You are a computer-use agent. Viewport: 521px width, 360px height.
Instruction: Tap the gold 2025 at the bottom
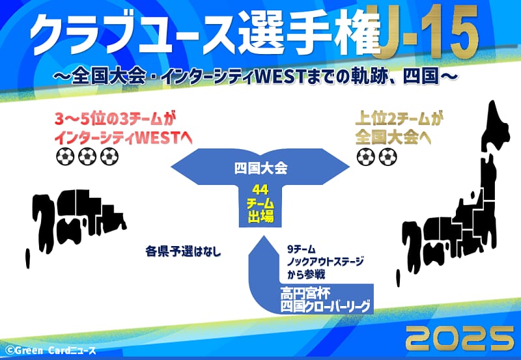[x=460, y=339]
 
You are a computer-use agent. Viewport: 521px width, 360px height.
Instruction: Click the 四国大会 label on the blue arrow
[x=260, y=168]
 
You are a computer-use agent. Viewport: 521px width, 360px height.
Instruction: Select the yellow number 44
[x=260, y=190]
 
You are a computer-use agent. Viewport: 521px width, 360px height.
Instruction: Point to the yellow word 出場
[x=260, y=217]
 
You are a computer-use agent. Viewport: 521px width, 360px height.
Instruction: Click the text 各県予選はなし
[x=183, y=251]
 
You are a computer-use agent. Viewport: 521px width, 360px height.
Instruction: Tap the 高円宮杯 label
[x=305, y=294]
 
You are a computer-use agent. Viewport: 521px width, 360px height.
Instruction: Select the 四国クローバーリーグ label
[x=325, y=306]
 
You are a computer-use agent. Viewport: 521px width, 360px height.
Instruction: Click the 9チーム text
[x=301, y=249]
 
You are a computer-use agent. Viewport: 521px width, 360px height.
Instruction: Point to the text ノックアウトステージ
[x=325, y=262]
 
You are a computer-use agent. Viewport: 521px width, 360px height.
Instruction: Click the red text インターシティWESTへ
[x=123, y=138]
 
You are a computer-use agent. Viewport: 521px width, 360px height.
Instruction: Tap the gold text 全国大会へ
[x=393, y=137]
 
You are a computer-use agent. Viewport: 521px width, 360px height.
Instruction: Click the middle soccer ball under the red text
[x=87, y=156]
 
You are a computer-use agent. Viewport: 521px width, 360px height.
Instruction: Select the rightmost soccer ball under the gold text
[x=387, y=156]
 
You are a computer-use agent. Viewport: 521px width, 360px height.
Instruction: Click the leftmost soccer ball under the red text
[x=65, y=156]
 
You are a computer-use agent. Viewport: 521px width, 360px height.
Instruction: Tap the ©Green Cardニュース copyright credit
[x=51, y=350]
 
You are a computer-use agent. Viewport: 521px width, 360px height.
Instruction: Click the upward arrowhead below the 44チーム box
[x=264, y=246]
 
